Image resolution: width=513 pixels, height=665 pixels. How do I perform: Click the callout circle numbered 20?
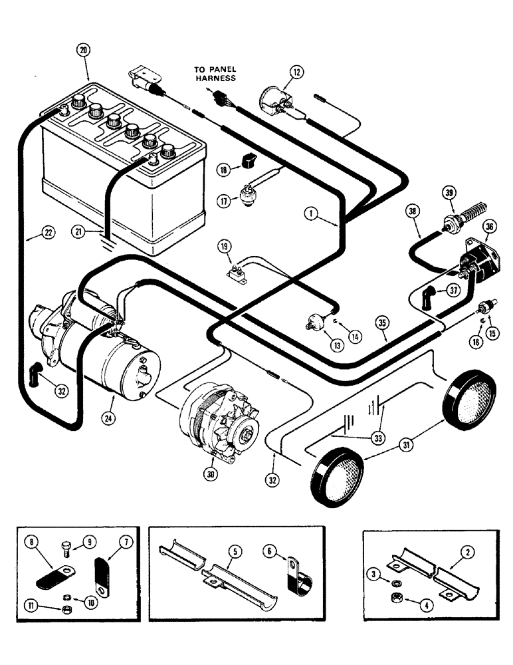coord(83,50)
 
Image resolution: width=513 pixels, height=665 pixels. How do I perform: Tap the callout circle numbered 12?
coord(296,71)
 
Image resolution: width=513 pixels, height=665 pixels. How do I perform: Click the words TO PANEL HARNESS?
coord(215,73)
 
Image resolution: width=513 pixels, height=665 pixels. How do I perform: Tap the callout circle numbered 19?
coord(225,247)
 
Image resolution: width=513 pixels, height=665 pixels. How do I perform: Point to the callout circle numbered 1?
coord(309,213)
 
